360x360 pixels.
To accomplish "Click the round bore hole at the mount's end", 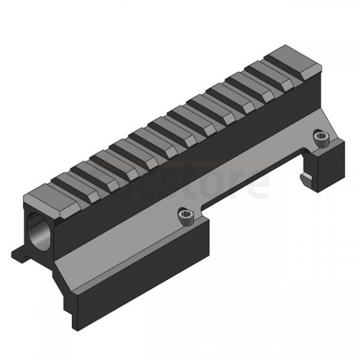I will tap(38, 231).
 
